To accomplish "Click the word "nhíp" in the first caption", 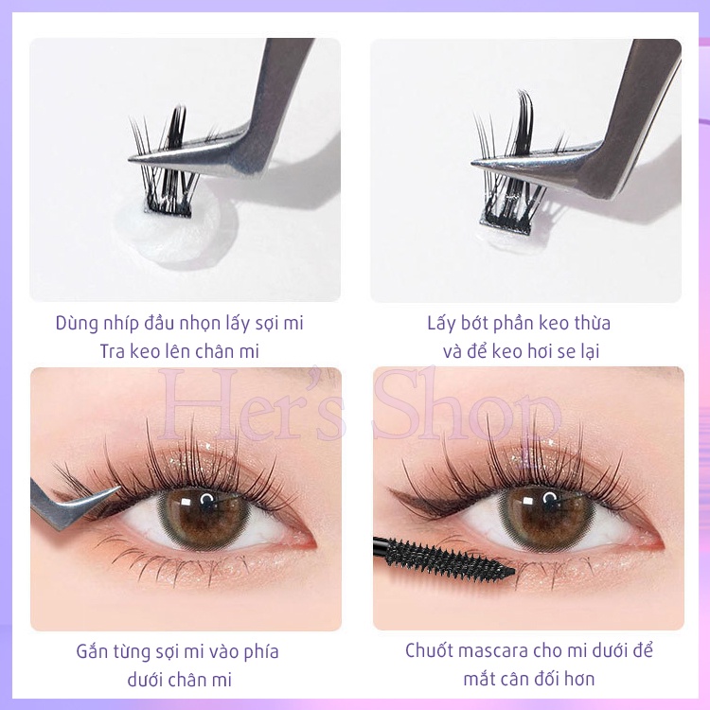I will tap(115, 323).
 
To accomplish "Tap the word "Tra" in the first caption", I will tap(115, 351).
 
